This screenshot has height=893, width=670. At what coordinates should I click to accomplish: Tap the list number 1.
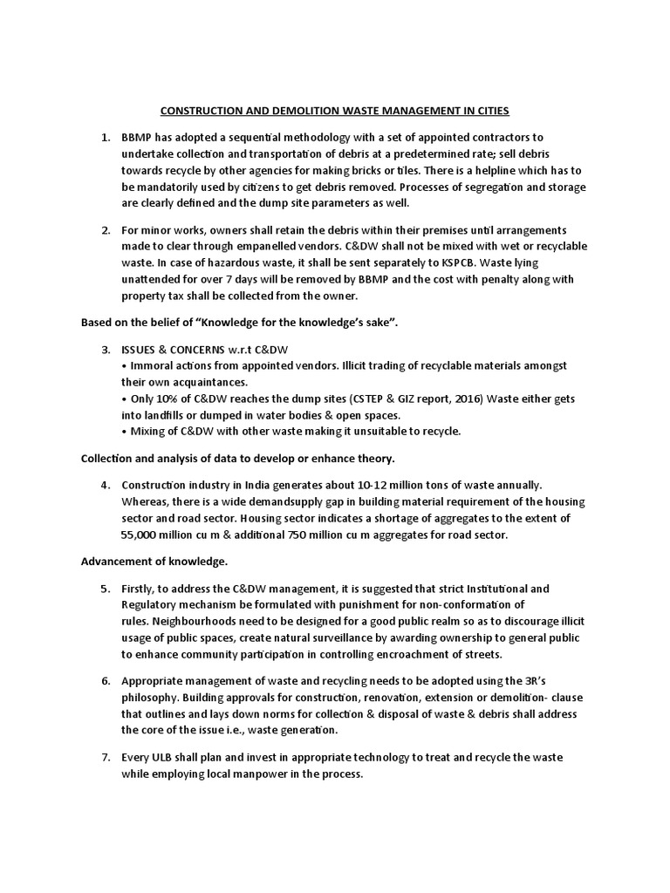(105, 137)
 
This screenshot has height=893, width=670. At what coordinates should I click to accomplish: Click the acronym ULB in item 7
(165, 756)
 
